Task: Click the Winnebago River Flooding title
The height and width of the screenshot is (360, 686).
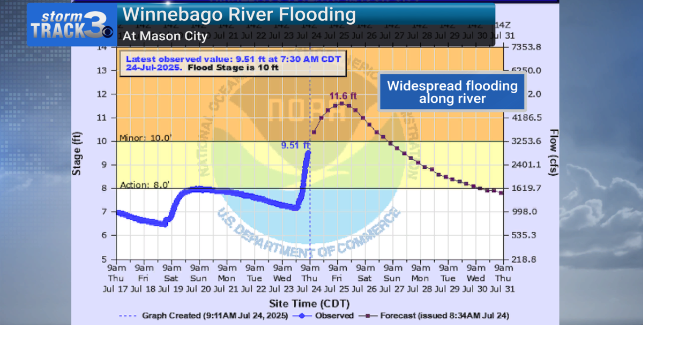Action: click(239, 14)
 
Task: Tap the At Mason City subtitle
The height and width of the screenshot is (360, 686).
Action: click(165, 36)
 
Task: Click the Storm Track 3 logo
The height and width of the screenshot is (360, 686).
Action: click(71, 25)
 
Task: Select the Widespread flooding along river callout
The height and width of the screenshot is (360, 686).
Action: click(452, 92)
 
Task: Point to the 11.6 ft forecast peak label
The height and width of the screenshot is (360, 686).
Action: click(343, 96)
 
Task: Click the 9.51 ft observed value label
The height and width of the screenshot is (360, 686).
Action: click(295, 145)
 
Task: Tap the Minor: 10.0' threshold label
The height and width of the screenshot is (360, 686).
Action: click(145, 138)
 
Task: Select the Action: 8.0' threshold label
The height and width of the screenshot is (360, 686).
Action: click(145, 185)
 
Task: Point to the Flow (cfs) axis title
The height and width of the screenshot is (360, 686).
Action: click(554, 153)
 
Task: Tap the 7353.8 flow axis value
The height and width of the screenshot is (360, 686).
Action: click(526, 47)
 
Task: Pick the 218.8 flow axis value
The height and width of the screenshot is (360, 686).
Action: click(524, 259)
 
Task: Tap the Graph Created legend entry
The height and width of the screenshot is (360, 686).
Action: click(204, 316)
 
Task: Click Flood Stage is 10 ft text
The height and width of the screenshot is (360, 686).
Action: click(233, 68)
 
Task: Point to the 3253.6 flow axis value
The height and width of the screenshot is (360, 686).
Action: click(526, 141)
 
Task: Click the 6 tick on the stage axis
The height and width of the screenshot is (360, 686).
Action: click(105, 235)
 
